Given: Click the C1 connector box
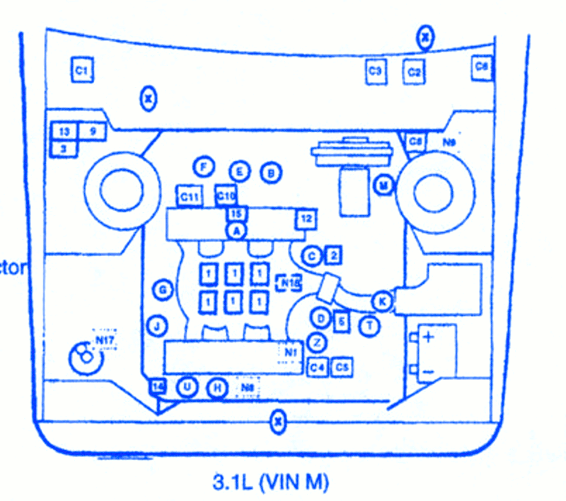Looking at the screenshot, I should [82, 70].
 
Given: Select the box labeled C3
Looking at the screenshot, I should [376, 71].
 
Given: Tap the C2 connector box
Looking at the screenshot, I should [415, 71].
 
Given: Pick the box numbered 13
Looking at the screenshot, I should [64, 132].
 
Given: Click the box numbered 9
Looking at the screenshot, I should [92, 132].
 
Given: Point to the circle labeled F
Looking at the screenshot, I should [203, 167].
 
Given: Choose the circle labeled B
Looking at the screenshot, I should [270, 172].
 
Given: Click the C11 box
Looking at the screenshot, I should [189, 197].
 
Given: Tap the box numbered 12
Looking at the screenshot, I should [305, 219].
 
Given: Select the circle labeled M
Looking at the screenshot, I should [383, 186].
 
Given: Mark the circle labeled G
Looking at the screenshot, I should [162, 289].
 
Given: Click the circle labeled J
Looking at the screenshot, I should [156, 326].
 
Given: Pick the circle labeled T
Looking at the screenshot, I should [369, 326].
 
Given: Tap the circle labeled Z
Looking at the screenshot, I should [319, 342].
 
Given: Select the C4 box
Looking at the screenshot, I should [318, 367].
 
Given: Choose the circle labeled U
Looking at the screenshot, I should [187, 386].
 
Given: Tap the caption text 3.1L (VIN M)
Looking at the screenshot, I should [271, 483].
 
